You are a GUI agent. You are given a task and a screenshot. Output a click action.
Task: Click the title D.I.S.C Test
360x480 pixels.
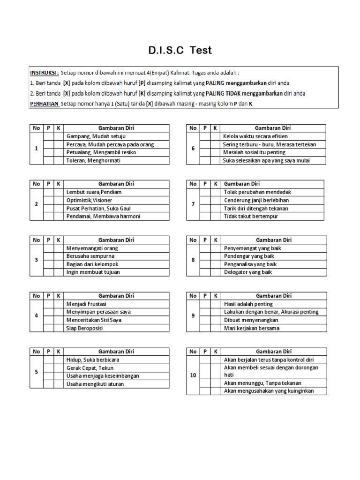pos(180,51)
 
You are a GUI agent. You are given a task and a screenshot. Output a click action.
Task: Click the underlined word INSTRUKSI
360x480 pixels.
pos(45,74)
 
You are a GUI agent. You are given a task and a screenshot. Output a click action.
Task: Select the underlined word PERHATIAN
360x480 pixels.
pos(45,104)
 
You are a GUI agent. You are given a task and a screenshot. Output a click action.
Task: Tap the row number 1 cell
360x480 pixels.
pos(37,149)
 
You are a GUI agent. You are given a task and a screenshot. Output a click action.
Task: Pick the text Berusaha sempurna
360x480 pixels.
pos(90,256)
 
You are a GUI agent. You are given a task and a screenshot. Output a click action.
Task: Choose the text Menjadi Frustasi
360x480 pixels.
pos(87,304)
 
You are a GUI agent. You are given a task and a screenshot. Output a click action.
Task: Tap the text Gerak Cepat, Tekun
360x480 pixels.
pos(90,368)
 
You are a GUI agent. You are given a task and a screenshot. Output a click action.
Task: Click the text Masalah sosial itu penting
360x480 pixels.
pos(254,152)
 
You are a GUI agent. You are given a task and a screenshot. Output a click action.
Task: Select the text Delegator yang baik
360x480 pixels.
pos(248,272)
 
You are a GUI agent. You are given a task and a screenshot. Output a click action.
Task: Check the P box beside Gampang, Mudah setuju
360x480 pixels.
pos(49,136)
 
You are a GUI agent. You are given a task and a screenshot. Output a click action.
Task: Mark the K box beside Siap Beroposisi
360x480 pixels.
pos(59,328)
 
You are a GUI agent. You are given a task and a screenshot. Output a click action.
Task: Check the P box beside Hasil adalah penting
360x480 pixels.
pos(205,304)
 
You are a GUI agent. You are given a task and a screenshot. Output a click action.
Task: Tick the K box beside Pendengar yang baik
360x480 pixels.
pos(216,256)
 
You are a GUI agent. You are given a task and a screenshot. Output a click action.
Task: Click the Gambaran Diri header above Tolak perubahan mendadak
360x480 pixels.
pos(242,184)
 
